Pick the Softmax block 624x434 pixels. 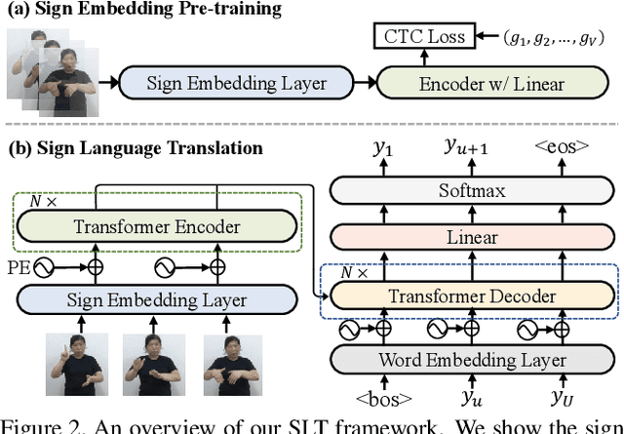472,191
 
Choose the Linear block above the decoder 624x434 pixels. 472,237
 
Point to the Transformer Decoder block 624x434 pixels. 472,296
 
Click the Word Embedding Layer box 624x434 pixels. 472,360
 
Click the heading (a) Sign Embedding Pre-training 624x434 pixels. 141,9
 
